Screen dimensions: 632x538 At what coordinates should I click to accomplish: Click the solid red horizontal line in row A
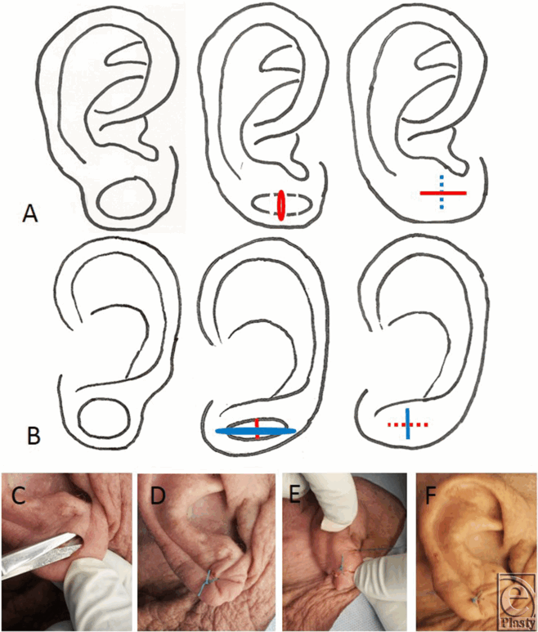[442, 193]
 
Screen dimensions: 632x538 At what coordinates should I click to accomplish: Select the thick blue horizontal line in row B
[256, 430]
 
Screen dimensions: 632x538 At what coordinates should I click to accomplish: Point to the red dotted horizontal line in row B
[406, 424]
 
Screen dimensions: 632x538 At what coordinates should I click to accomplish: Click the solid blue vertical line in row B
[407, 424]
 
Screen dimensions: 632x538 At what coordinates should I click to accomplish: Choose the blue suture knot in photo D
[208, 578]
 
